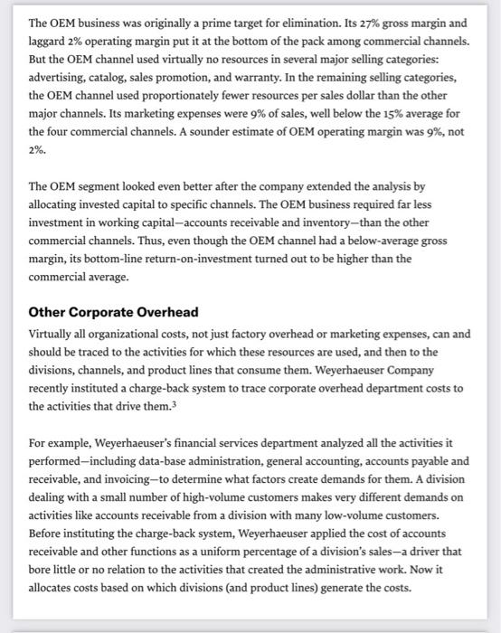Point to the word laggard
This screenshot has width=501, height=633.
click(50, 41)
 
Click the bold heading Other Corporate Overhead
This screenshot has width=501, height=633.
click(113, 312)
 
